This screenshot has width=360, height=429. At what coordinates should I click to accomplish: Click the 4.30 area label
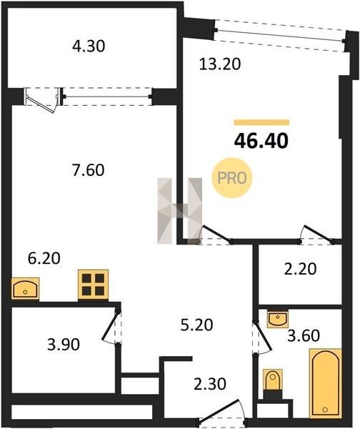click(89, 46)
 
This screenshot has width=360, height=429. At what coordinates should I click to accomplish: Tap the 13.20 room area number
click(220, 64)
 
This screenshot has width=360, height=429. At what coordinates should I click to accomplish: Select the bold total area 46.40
click(261, 141)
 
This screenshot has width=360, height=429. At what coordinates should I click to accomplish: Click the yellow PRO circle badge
click(232, 178)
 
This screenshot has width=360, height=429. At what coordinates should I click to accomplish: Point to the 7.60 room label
click(88, 170)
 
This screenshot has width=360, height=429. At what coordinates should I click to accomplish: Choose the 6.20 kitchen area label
click(44, 258)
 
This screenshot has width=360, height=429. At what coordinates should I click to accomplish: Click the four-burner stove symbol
click(93, 285)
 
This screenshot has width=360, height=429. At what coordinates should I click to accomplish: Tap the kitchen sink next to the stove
click(26, 288)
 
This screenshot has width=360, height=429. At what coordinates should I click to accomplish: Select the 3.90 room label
click(64, 344)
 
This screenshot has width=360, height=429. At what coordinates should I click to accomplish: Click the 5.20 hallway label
click(196, 325)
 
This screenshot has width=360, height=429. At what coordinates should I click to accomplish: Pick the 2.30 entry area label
click(210, 383)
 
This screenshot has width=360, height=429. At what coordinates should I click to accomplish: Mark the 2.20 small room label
click(301, 269)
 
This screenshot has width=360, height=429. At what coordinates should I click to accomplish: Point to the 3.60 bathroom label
click(304, 336)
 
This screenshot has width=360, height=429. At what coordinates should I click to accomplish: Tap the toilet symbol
click(273, 380)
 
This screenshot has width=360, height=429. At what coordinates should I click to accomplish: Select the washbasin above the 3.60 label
click(277, 318)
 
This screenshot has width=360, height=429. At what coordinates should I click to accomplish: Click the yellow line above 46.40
click(261, 122)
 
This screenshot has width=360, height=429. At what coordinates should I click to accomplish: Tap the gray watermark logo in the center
click(179, 211)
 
